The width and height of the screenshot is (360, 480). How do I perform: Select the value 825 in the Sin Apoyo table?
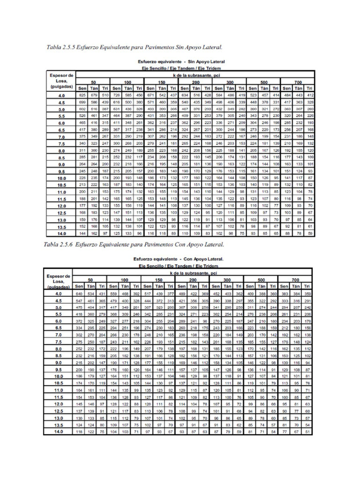tap(82, 95)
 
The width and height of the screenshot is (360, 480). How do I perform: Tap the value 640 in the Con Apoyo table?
tap(79, 293)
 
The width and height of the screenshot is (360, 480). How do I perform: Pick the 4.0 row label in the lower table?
tap(58, 293)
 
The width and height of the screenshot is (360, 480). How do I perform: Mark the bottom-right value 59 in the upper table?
tap(309, 233)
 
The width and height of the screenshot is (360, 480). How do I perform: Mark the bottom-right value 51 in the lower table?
tap(307, 432)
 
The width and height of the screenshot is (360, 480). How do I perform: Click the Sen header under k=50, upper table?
tap(82, 88)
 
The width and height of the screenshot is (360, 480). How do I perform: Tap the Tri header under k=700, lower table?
tap(307, 285)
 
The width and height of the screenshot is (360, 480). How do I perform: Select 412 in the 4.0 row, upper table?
tap(309, 95)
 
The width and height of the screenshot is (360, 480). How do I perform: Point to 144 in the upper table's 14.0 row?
tap(82, 233)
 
